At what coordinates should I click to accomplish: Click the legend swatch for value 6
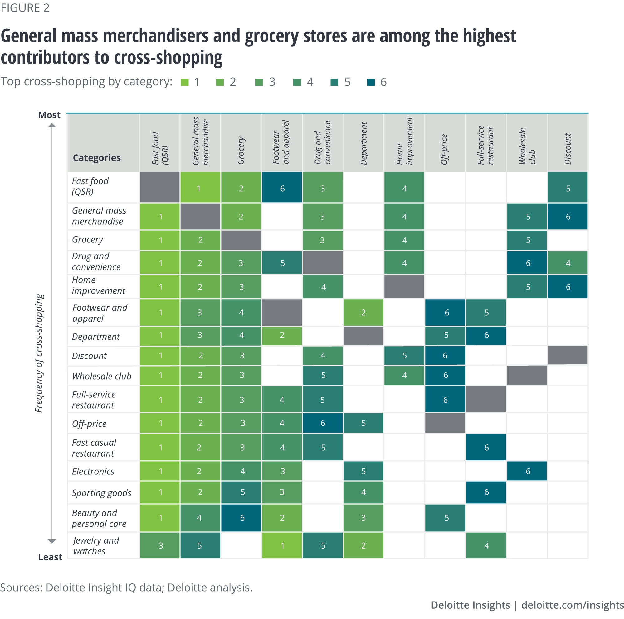[x=371, y=82]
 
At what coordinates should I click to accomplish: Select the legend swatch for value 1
[x=185, y=82]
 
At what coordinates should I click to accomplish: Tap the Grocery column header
[x=241, y=150]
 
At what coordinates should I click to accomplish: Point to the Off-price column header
[x=444, y=149]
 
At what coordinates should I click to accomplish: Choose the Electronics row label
[x=93, y=471]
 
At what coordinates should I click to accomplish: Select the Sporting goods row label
[x=101, y=492]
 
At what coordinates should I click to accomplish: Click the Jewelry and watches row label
[x=95, y=545]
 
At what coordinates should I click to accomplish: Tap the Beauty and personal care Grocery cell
[x=241, y=518]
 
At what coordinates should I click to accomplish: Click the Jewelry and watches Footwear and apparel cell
[x=282, y=545]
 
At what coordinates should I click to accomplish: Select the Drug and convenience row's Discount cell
[x=568, y=263]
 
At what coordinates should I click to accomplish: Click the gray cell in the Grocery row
[x=241, y=240]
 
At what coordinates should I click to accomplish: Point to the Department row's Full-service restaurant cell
[x=486, y=335]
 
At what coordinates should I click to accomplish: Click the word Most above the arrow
[x=49, y=115]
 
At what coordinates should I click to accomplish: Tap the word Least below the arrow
[x=50, y=557]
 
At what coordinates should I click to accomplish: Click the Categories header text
[x=97, y=157]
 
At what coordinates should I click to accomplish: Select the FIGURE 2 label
[x=25, y=8]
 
